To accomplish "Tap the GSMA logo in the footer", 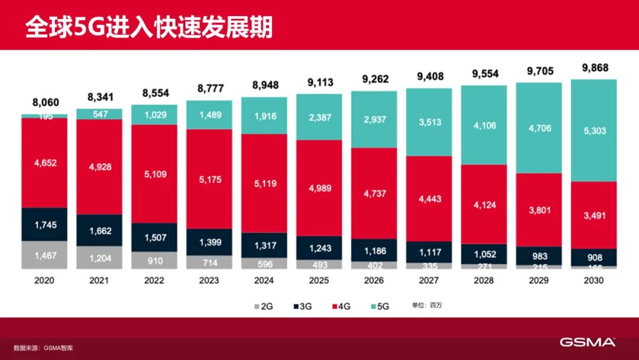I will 588,342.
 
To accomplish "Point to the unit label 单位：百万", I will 427,306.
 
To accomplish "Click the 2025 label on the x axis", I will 319,280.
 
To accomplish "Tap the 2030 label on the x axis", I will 593,280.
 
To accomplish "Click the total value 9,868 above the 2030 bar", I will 594,67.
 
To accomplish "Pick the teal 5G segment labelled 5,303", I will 594,130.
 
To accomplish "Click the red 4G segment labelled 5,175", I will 209,179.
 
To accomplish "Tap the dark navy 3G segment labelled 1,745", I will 44,224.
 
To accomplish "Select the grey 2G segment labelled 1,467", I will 44,255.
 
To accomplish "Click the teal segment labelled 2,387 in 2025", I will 319,117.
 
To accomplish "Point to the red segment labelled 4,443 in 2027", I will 429,200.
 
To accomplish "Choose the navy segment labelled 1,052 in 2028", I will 484,254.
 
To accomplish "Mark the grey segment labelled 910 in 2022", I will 154,260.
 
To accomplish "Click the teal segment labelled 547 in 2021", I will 99,114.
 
